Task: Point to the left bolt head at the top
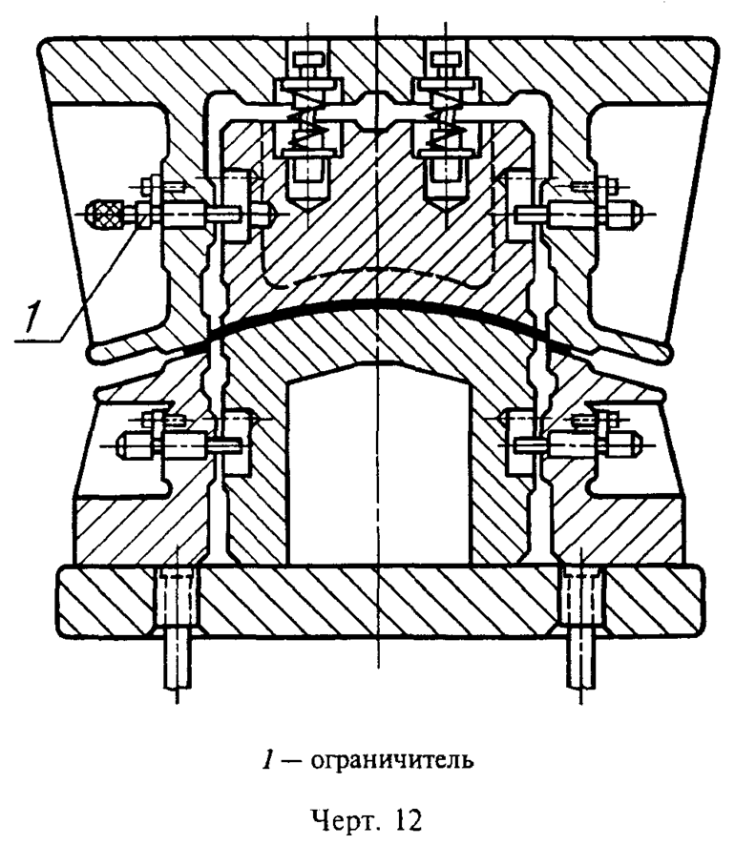(x=303, y=63)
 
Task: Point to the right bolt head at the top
(x=441, y=63)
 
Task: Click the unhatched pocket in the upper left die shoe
(x=124, y=277)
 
